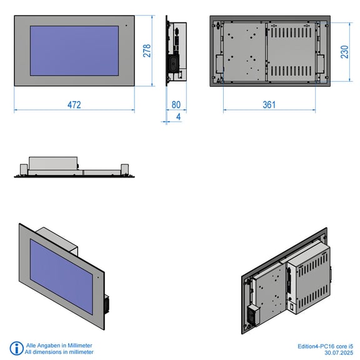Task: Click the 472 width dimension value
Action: (74, 105)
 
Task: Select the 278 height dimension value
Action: (147, 51)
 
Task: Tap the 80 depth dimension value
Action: (176, 105)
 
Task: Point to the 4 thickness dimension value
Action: (178, 117)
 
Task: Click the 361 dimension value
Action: (269, 105)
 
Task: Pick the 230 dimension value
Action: (344, 52)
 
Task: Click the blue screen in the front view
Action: (74, 51)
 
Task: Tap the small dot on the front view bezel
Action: (126, 26)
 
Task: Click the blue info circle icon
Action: (16, 348)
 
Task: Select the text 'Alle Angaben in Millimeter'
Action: (59, 345)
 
